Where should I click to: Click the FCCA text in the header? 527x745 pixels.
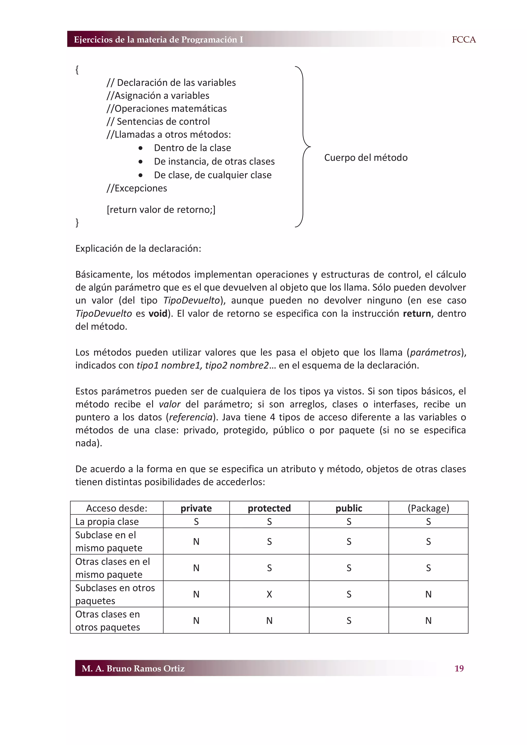(463, 40)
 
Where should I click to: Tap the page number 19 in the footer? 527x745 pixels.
(459, 668)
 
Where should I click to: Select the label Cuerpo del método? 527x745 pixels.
(366, 157)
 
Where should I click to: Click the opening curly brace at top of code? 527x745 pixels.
(77, 69)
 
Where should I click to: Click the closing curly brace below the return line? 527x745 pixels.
(77, 222)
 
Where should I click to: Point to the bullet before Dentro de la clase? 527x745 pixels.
(140, 148)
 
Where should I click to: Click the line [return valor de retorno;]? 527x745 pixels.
(161, 210)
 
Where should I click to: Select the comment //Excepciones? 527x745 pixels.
(137, 188)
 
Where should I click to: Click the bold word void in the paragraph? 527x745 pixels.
(158, 313)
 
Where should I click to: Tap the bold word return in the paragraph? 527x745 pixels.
(417, 313)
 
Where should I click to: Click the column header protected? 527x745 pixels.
(269, 508)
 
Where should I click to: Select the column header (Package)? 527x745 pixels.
(428, 508)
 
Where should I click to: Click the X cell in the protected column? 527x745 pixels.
(269, 594)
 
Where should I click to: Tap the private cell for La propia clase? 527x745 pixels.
(196, 521)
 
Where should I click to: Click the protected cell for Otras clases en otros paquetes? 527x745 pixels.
(269, 620)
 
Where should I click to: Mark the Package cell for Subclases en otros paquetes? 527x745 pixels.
(428, 594)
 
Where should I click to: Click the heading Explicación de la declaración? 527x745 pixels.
(138, 248)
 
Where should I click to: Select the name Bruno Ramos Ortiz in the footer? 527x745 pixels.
(145, 668)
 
